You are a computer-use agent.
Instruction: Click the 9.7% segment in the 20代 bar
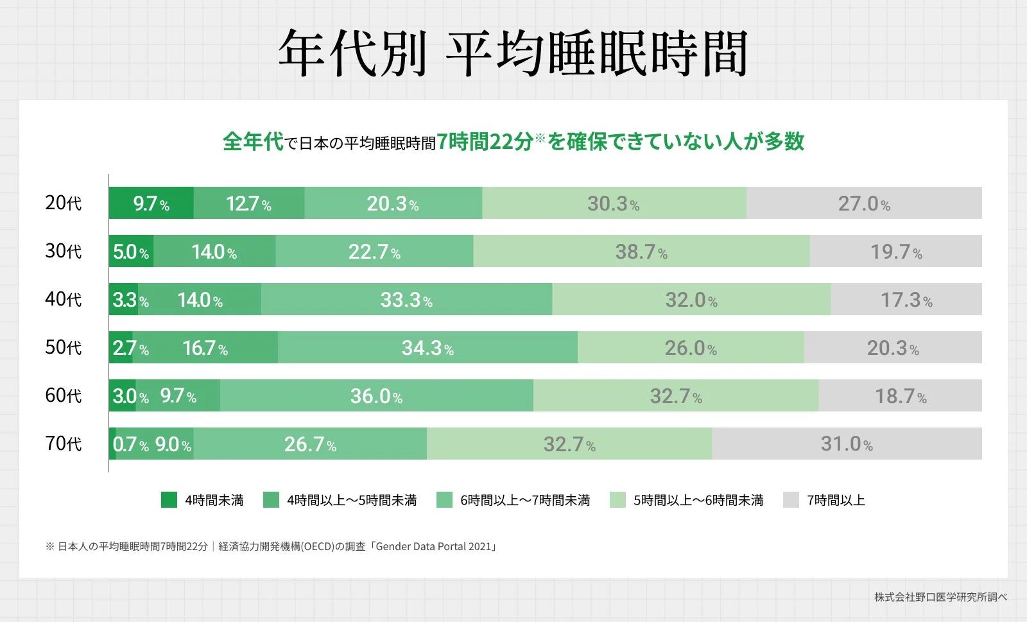click(151, 203)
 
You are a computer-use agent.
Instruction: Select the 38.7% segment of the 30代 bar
click(641, 251)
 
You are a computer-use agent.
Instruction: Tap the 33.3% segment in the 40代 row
click(406, 299)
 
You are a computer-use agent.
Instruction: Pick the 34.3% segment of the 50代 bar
click(427, 347)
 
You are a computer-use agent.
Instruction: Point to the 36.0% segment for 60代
click(376, 395)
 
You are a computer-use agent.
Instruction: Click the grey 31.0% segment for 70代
click(847, 444)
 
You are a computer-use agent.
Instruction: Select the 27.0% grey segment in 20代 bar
click(864, 203)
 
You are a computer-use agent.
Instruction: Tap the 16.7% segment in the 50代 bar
click(205, 347)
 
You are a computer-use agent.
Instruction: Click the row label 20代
click(63, 203)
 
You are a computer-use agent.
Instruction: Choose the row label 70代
click(63, 444)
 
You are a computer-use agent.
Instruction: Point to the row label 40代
click(63, 299)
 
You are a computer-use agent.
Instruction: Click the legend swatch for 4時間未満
click(169, 500)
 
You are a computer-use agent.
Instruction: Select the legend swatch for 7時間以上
click(791, 500)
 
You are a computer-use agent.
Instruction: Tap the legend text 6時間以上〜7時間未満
click(525, 500)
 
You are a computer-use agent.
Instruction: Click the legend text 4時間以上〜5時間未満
click(352, 500)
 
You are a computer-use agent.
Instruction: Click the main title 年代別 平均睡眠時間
click(513, 53)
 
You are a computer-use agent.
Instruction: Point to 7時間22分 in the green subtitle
click(485, 141)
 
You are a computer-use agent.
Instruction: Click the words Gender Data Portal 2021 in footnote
click(433, 546)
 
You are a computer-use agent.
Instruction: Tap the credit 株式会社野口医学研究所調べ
click(940, 597)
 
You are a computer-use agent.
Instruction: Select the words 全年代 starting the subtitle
click(253, 141)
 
